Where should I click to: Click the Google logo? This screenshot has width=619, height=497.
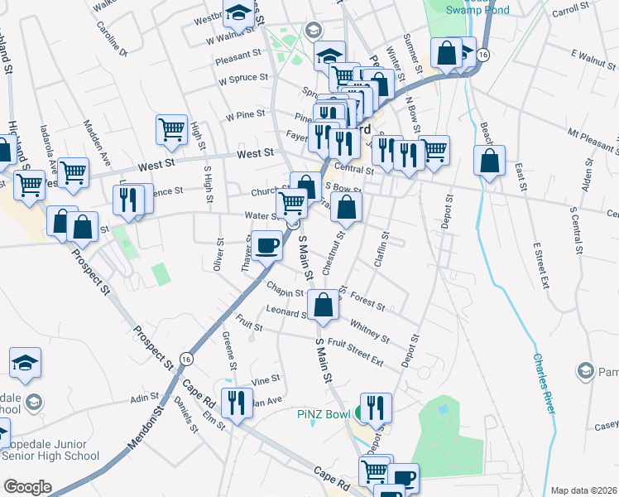[x=27, y=487]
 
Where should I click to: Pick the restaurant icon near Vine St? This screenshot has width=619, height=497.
[x=238, y=403]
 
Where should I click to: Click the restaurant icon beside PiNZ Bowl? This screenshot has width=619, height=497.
[x=376, y=407]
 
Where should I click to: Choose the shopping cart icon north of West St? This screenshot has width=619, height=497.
[x=170, y=128]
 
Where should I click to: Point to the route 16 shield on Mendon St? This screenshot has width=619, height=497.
[x=187, y=359]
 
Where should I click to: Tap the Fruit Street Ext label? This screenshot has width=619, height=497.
[x=356, y=352]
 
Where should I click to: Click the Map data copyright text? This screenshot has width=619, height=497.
[x=584, y=490]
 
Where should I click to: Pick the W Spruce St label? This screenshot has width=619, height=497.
[x=242, y=81]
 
